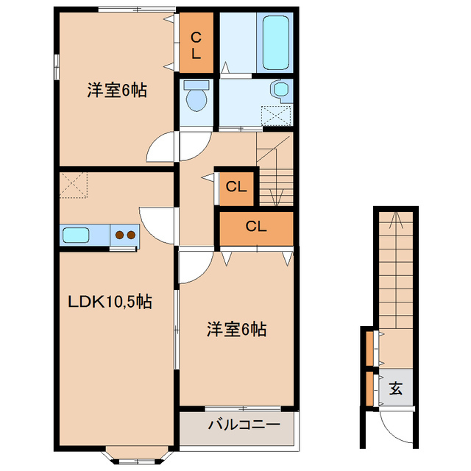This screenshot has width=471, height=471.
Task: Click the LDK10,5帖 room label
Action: pyautogui.click(x=110, y=302)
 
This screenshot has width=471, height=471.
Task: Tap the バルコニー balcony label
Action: pyautogui.click(x=243, y=425)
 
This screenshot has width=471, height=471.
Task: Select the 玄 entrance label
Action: pyautogui.click(x=396, y=388)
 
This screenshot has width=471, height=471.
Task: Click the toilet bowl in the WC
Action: pyautogui.click(x=196, y=99)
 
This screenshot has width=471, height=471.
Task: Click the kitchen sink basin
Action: pyautogui.click(x=76, y=235)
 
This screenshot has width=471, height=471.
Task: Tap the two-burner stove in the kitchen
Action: pyautogui.click(x=124, y=235)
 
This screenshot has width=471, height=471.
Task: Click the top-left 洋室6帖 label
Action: pyautogui.click(x=117, y=91)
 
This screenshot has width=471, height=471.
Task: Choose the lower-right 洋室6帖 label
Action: pyautogui.click(x=235, y=330)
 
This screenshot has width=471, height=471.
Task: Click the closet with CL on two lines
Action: pyautogui.click(x=196, y=43)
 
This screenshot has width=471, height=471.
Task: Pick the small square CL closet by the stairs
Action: pyautogui.click(x=235, y=187)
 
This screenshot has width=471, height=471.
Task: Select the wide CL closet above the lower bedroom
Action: pyautogui.click(x=255, y=227)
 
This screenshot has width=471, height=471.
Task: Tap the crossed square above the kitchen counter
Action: pyautogui.click(x=74, y=184)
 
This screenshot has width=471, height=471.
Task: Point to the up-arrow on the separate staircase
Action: pyautogui.click(x=395, y=219)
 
